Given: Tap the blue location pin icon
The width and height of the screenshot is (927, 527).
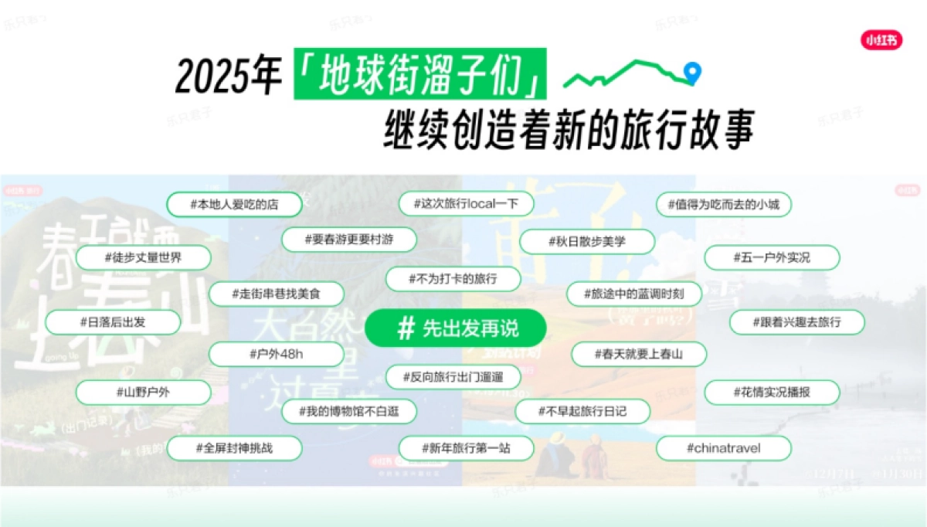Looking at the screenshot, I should [693, 73].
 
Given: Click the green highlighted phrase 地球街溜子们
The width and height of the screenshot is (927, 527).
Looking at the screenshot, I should [419, 74].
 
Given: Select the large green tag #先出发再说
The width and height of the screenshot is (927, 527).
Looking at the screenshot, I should [456, 328].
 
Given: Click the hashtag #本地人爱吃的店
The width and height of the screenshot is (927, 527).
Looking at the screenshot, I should [223, 205].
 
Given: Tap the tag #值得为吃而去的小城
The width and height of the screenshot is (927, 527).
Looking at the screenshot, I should [723, 205].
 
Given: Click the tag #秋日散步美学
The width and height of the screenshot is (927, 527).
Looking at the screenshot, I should [587, 242].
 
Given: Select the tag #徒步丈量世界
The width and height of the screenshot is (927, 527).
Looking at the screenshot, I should [143, 257].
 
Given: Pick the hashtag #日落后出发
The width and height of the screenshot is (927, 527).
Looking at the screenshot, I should [113, 322].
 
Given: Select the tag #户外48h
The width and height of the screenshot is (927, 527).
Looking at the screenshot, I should [276, 354].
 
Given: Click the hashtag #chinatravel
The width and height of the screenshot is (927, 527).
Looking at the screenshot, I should [723, 448].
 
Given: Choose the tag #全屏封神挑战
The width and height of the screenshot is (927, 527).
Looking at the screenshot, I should [223, 448].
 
